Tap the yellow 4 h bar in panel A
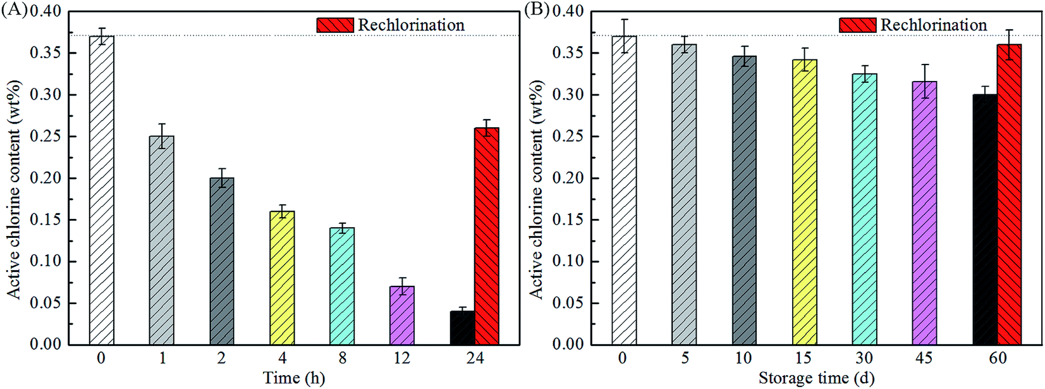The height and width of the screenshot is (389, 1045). tap(282, 278)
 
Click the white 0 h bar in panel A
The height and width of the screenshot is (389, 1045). tap(102, 190)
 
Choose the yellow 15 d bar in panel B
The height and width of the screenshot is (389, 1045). tap(804, 202)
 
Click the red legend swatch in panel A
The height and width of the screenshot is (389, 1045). tap(335, 25)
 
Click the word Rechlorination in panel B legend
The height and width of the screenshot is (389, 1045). tap(933, 25)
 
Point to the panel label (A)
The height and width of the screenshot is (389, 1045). tap(14, 11)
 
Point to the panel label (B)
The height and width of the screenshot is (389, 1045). tap(537, 11)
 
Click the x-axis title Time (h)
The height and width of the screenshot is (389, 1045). tap(294, 378)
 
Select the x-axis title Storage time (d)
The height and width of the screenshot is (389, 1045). tap(816, 378)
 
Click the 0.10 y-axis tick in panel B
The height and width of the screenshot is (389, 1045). tap(568, 261)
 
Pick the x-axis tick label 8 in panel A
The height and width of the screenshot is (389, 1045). tap(342, 359)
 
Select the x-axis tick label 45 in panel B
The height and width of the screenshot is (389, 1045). tap(924, 359)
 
